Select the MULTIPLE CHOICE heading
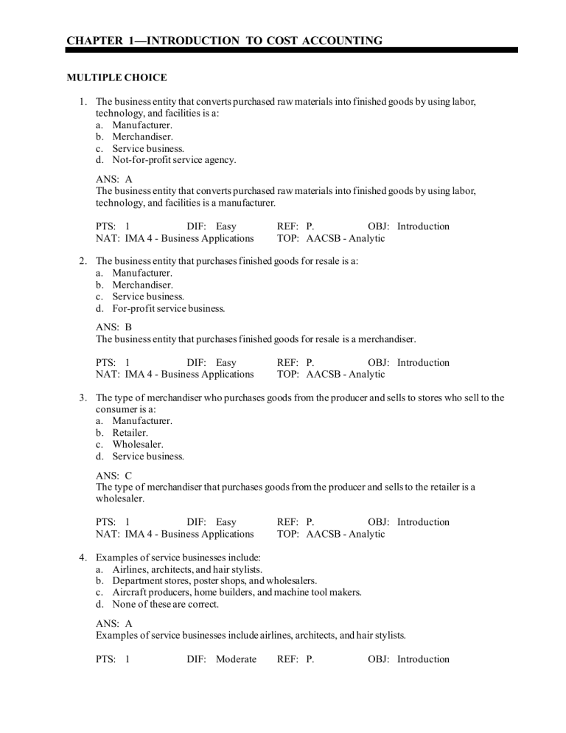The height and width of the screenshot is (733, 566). tap(116, 77)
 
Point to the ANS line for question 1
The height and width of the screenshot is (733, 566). tap(114, 178)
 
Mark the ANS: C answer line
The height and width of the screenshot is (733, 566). tap(114, 475)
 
